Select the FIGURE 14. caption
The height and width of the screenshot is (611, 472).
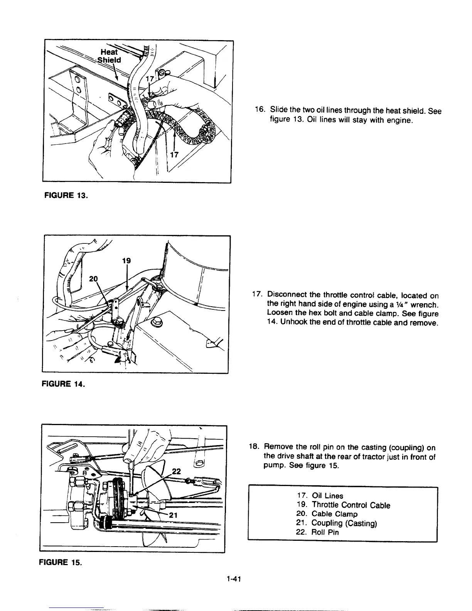pyautogui.click(x=66, y=384)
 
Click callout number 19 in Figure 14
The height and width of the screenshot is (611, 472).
pyautogui.click(x=127, y=261)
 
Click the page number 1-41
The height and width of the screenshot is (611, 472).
pyautogui.click(x=234, y=579)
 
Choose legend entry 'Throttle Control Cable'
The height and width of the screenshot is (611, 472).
pyautogui.click(x=351, y=505)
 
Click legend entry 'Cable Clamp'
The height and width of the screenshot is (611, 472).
pyautogui.click(x=334, y=514)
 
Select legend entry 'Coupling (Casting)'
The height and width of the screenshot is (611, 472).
pyautogui.click(x=344, y=523)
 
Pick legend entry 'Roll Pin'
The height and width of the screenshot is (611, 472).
pyautogui.click(x=325, y=532)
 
